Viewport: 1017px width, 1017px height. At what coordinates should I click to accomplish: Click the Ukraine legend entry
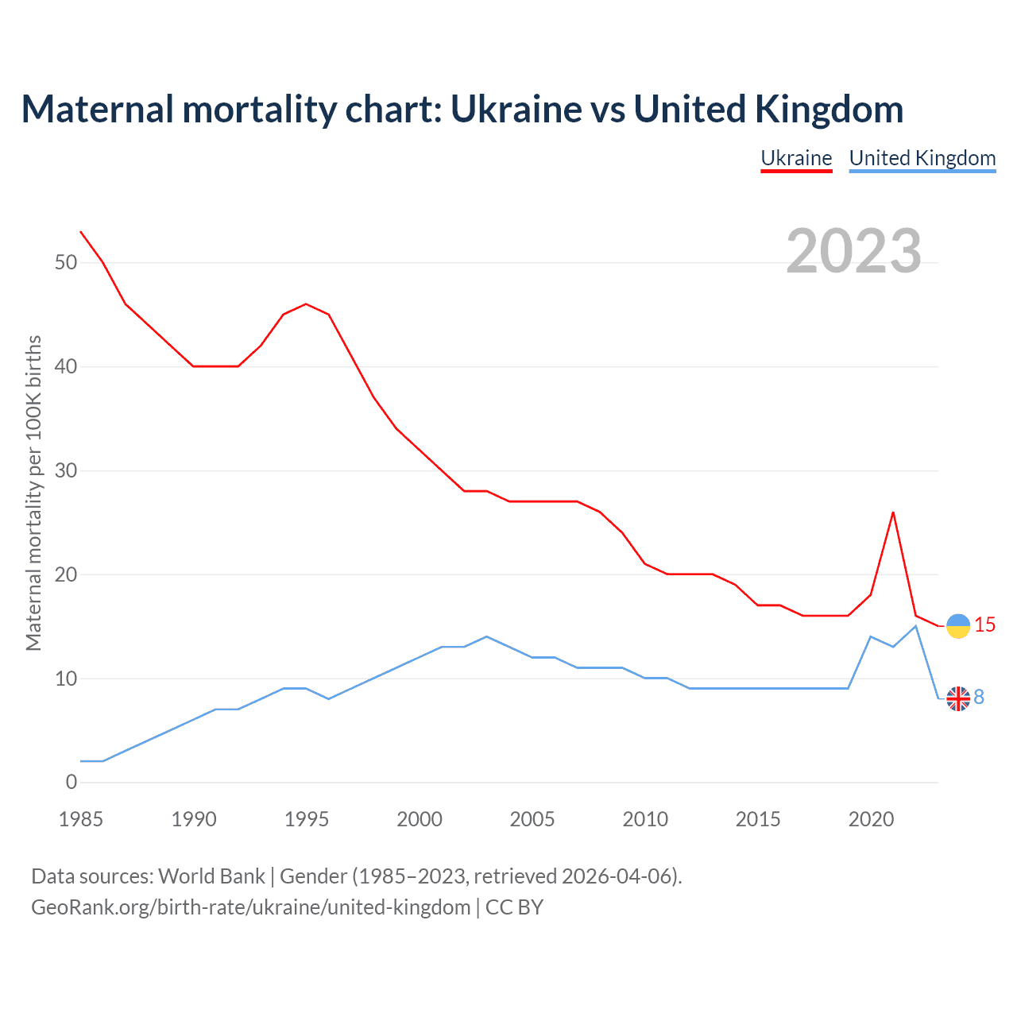point(796,158)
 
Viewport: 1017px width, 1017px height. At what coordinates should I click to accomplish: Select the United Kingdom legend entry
point(922,158)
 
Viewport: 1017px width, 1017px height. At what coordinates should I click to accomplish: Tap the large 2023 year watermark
point(853,250)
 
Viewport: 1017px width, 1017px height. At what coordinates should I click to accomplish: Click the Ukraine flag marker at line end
point(958,626)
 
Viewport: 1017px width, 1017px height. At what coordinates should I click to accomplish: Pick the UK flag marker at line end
point(958,698)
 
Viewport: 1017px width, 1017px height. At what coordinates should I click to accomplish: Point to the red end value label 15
point(985,625)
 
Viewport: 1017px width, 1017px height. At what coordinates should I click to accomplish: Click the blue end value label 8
point(979,697)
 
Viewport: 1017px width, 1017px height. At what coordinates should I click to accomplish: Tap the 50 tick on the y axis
point(66,262)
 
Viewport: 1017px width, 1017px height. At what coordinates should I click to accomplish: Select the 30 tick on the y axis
point(66,470)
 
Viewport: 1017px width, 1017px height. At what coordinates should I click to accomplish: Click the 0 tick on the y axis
point(72,782)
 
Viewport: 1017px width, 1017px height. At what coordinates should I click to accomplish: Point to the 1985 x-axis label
point(81,819)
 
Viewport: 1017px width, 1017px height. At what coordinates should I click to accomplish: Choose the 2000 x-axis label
point(420,819)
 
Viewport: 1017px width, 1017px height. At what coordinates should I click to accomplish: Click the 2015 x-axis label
point(758,819)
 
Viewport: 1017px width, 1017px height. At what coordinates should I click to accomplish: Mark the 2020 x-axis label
point(871,819)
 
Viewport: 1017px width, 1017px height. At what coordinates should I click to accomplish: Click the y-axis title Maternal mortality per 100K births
point(33,493)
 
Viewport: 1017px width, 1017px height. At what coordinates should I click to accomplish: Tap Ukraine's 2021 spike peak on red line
point(893,512)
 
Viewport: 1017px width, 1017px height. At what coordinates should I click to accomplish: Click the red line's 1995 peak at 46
point(306,304)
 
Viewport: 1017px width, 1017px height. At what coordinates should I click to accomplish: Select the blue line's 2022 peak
point(915,626)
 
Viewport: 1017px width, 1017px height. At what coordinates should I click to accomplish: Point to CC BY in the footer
point(514,907)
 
